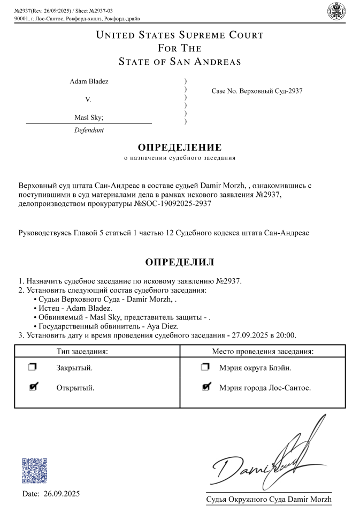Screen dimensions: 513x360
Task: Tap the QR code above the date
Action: (x=35, y=471)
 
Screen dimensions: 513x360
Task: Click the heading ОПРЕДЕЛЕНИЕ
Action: (x=180, y=148)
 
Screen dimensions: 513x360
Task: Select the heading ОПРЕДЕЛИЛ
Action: (x=180, y=262)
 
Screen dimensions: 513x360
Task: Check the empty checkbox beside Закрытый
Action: (x=33, y=367)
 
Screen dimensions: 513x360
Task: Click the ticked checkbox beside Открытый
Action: (x=33, y=387)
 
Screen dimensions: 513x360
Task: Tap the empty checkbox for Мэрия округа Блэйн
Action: (x=205, y=367)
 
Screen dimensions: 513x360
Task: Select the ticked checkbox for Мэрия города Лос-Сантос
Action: (x=206, y=387)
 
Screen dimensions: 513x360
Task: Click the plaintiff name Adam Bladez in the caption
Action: (x=89, y=82)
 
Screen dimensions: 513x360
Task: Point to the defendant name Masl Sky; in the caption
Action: (x=89, y=118)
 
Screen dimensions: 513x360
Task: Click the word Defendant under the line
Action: (x=89, y=130)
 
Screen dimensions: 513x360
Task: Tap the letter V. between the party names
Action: (x=88, y=100)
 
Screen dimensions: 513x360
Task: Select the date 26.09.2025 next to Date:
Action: (x=62, y=494)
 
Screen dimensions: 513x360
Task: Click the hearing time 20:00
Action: (x=286, y=335)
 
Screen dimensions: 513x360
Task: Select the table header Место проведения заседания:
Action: (x=263, y=351)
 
